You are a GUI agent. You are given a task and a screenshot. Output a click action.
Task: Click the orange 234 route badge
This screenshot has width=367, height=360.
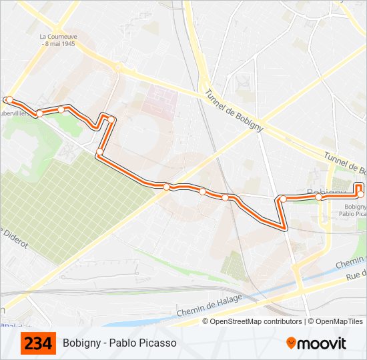39,343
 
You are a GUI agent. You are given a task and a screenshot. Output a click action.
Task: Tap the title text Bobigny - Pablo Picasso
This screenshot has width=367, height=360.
119,343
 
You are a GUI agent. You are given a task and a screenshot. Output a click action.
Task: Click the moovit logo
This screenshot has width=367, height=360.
316,343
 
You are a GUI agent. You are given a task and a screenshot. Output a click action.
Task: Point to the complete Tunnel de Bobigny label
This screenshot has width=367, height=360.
234,111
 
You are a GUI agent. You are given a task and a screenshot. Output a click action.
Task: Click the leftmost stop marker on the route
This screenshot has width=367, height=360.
9,100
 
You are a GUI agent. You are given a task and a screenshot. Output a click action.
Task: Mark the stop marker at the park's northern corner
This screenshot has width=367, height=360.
99,153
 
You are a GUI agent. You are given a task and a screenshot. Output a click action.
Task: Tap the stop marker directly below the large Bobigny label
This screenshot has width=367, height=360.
319,197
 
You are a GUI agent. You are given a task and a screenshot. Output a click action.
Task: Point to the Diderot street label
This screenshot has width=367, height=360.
15,239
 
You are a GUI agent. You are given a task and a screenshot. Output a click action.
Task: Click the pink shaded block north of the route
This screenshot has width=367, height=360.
160,101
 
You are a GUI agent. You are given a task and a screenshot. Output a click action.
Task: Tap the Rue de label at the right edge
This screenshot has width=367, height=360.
356,275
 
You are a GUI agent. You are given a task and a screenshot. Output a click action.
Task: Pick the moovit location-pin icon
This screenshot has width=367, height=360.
292,343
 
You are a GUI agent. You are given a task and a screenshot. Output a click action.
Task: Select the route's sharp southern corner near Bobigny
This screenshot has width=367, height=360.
285,228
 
